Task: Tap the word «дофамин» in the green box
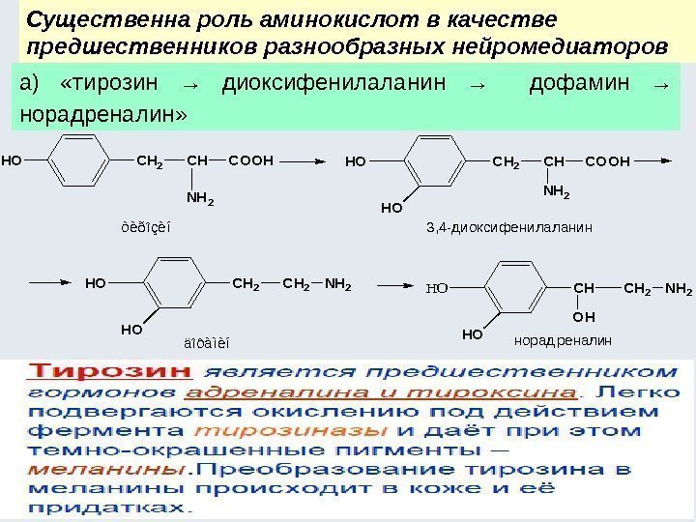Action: (x=573, y=83)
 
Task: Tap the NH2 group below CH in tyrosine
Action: (x=200, y=200)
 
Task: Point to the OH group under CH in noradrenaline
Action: (x=584, y=316)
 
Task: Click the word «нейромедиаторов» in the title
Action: (x=573, y=45)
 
